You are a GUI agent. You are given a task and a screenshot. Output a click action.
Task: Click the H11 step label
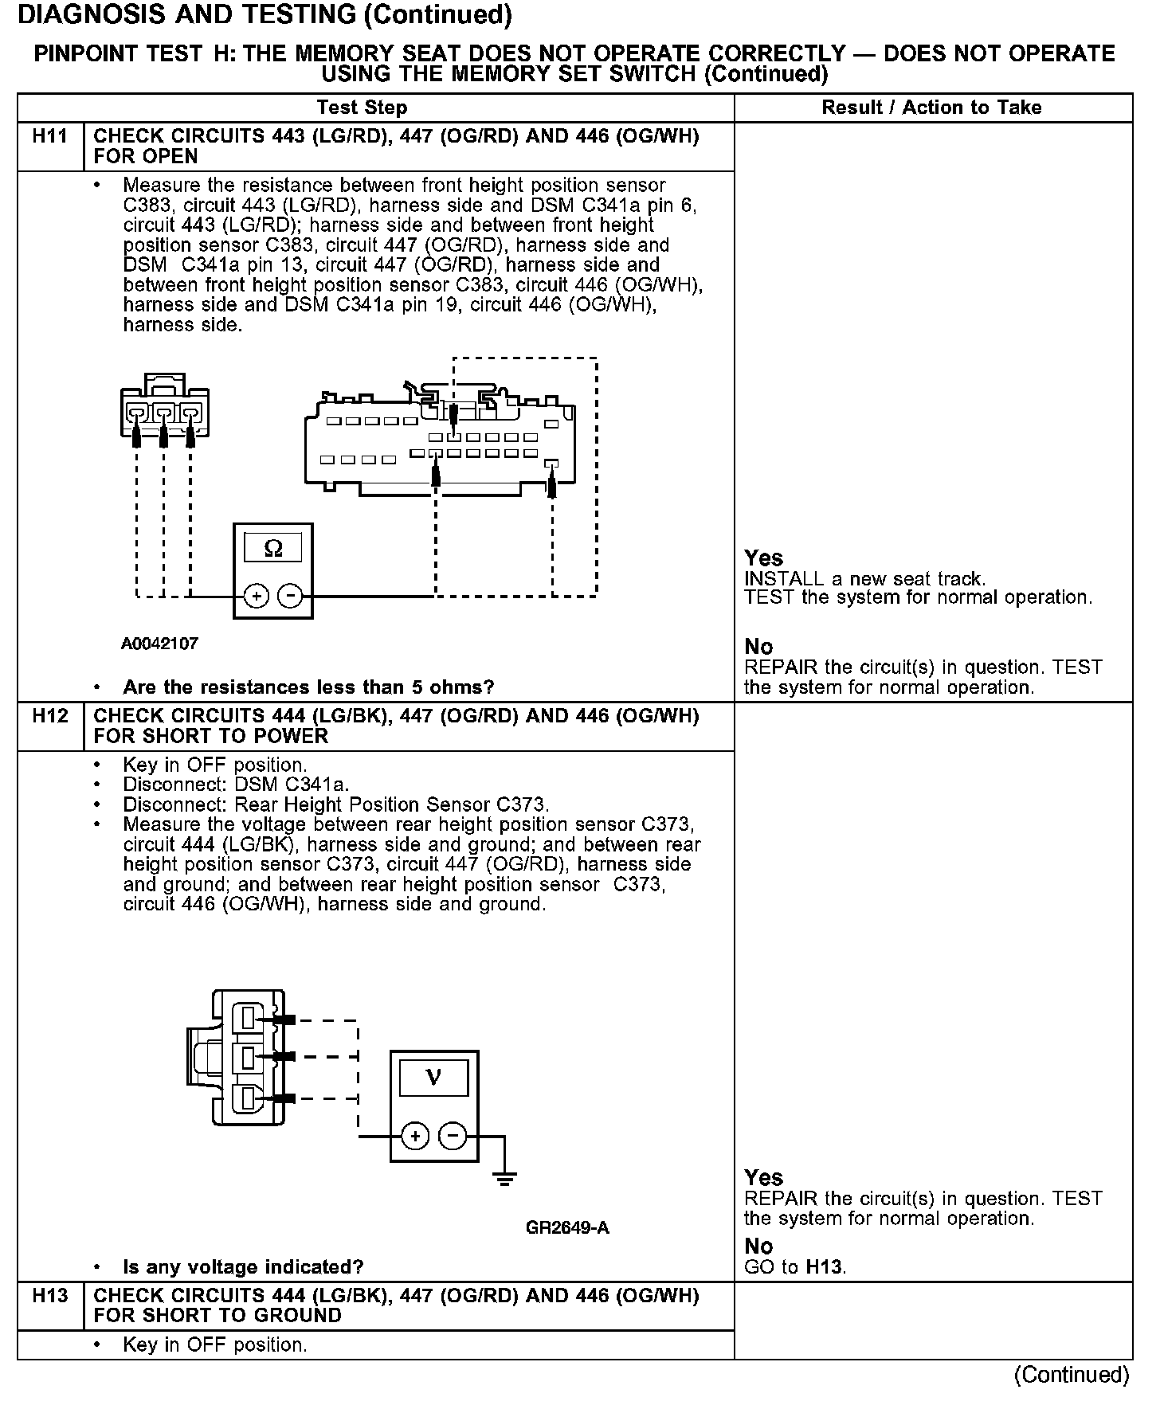(x=49, y=136)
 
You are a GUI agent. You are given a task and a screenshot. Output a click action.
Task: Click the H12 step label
(x=49, y=716)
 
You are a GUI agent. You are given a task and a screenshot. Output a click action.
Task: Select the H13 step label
(x=49, y=1296)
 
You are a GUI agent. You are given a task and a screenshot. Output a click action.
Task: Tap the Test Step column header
(x=362, y=108)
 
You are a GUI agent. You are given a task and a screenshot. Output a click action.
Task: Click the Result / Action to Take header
(x=931, y=108)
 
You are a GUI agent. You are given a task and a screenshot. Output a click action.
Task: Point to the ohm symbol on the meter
(x=272, y=549)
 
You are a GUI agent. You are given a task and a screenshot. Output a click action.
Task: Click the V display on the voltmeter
(x=433, y=1078)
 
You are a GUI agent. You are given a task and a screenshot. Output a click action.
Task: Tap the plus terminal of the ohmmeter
(x=256, y=596)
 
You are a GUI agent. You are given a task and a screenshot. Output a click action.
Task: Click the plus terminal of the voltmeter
(x=415, y=1136)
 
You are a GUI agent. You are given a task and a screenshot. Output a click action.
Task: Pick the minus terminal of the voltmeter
(x=453, y=1136)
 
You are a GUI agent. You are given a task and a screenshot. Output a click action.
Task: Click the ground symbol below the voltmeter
(x=504, y=1178)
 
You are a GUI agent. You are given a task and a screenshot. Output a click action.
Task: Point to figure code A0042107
(x=159, y=644)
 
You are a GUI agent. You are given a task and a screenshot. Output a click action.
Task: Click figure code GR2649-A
(x=567, y=1227)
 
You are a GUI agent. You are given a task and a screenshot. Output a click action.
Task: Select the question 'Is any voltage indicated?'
(x=243, y=1267)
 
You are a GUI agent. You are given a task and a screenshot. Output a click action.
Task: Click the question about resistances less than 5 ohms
(x=308, y=687)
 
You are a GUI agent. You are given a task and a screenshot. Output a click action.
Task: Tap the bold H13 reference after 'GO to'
(x=824, y=1266)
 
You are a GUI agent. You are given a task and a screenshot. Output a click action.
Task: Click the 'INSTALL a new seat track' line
(x=864, y=579)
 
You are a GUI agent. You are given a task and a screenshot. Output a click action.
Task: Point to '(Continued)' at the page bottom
(x=1071, y=1375)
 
